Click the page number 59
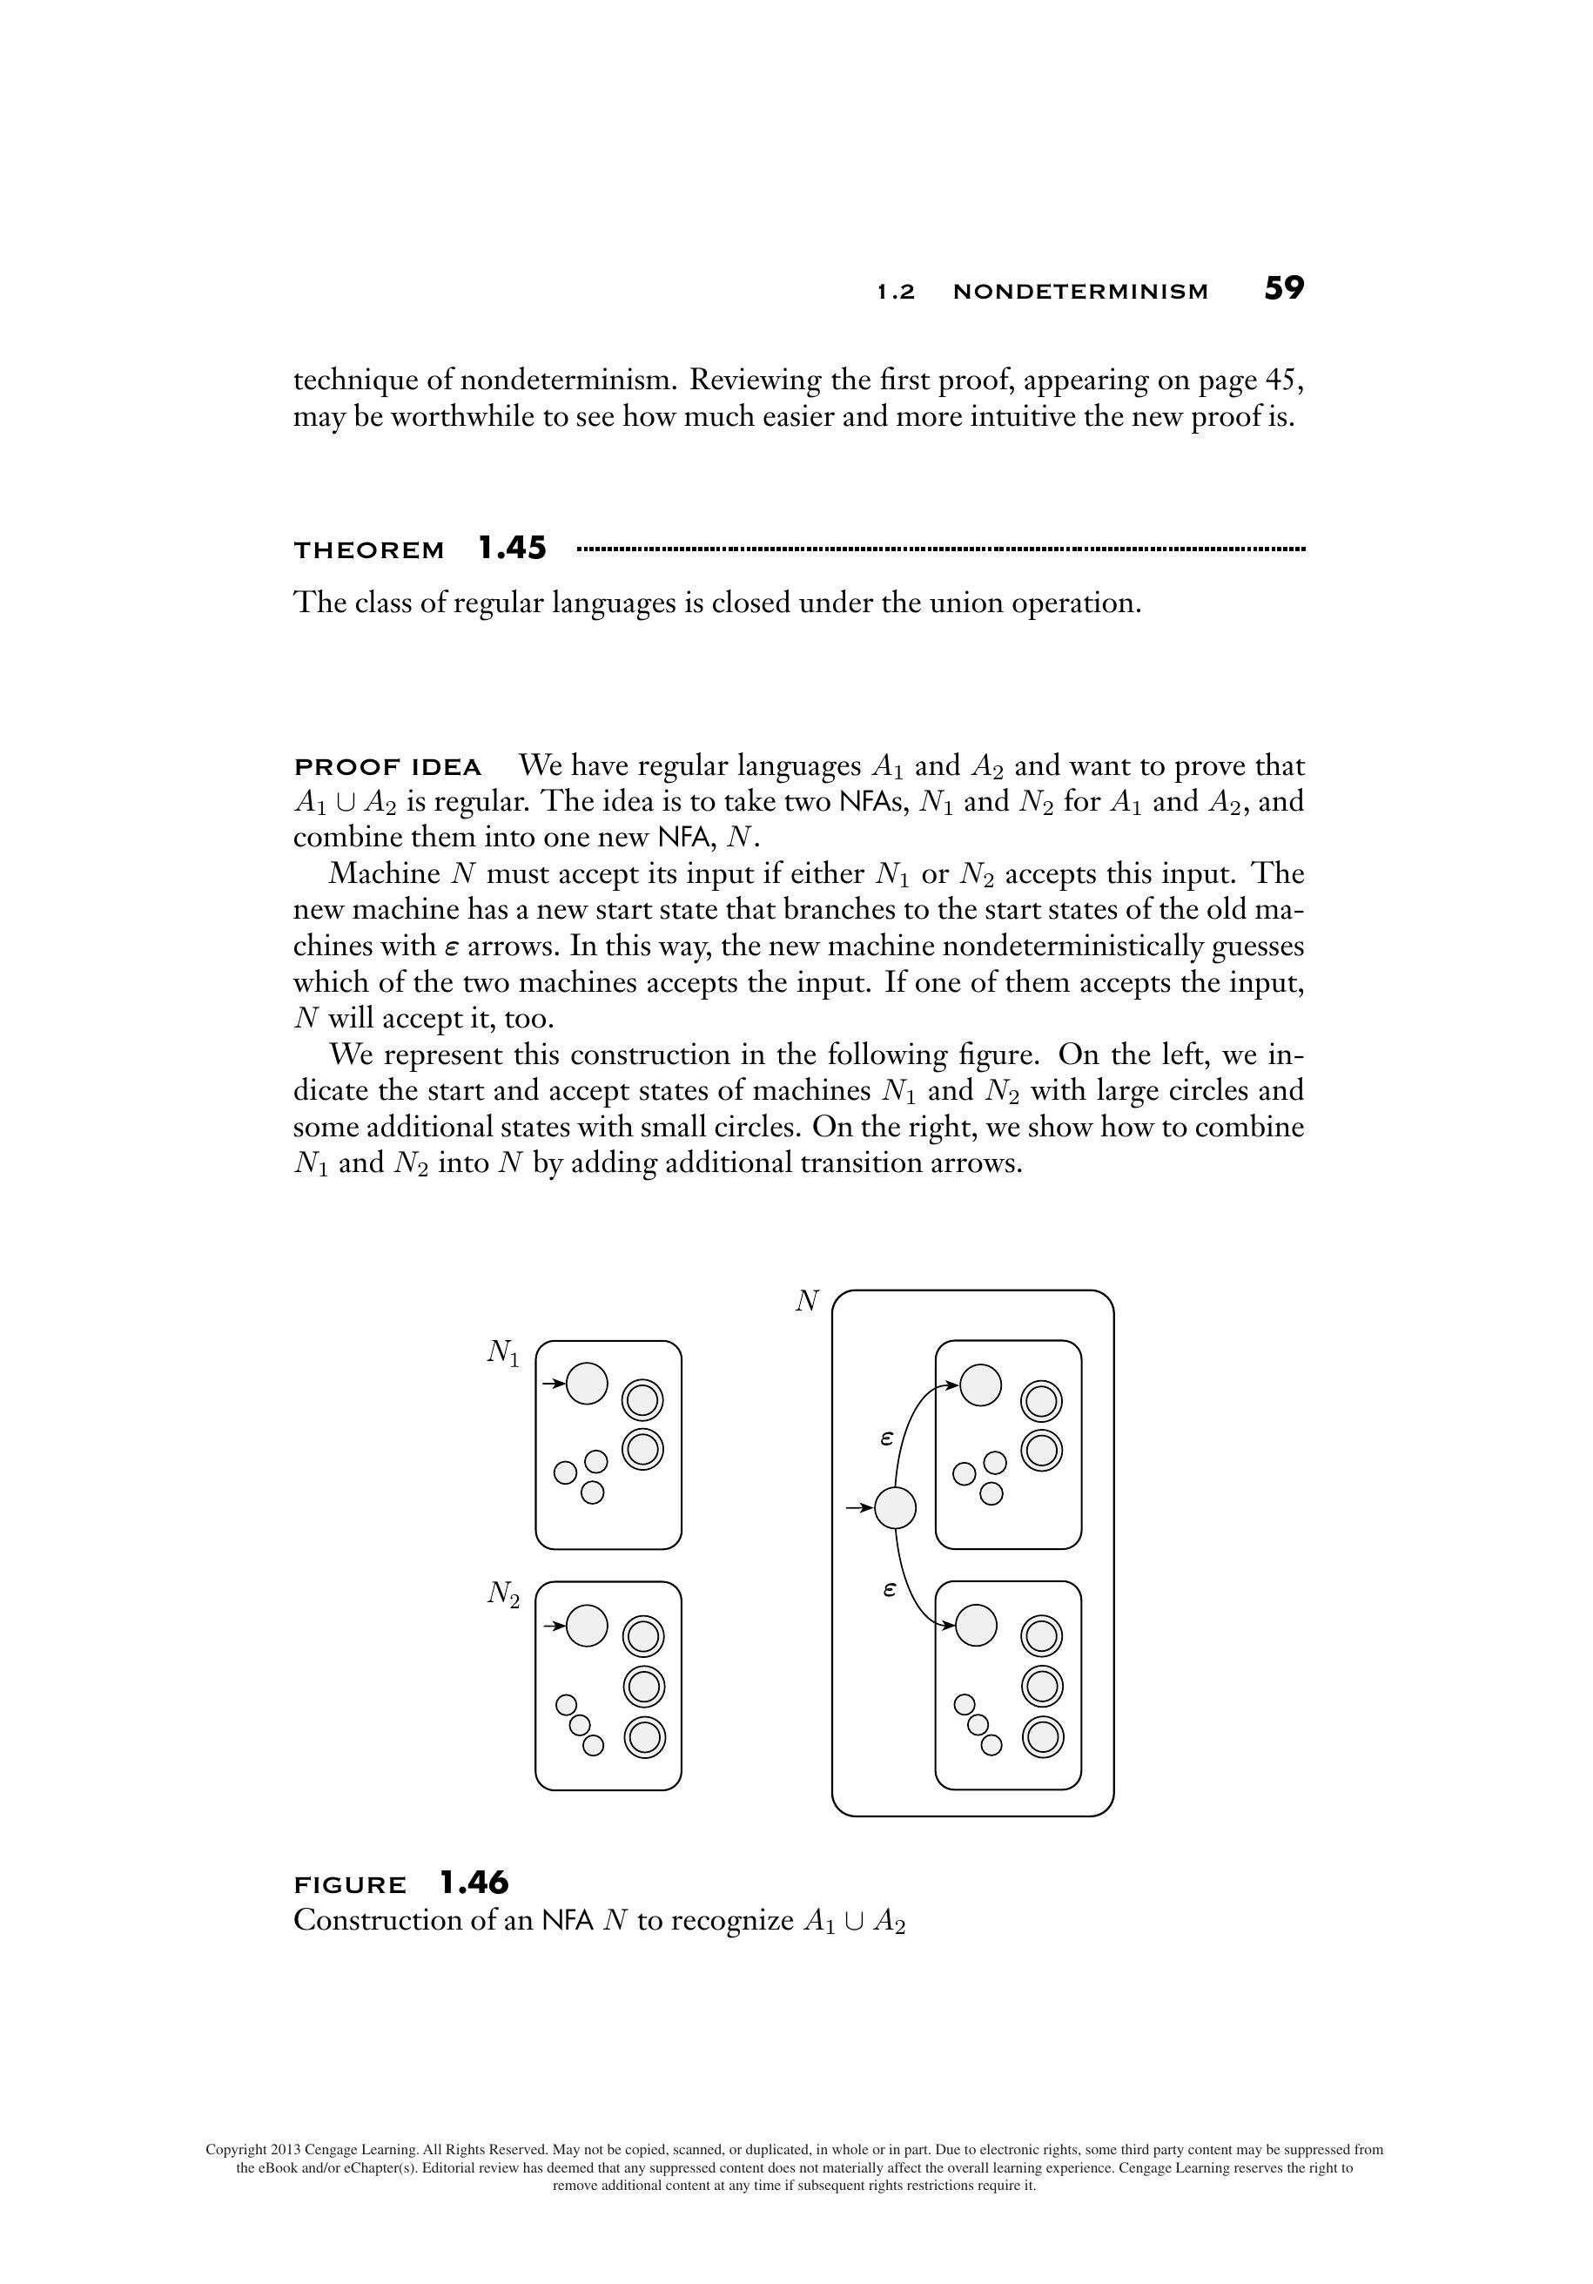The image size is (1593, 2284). tap(1283, 288)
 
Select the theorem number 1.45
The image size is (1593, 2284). tap(511, 548)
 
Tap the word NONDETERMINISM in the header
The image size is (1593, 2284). tap(1080, 292)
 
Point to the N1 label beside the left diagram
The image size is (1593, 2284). tap(503, 1352)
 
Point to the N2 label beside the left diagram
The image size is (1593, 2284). tap(503, 1593)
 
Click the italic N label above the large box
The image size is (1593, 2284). tap(806, 1301)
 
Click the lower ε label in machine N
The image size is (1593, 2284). tap(889, 1590)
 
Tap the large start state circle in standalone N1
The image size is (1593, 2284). tap(587, 1383)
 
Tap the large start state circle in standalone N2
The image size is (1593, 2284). tap(587, 1626)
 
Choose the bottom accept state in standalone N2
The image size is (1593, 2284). tap(644, 1738)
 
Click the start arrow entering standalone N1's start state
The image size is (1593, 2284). tap(553, 1383)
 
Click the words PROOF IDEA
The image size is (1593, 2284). tap(388, 767)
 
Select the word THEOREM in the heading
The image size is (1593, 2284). tap(369, 550)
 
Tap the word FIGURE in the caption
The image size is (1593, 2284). tap(350, 1885)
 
